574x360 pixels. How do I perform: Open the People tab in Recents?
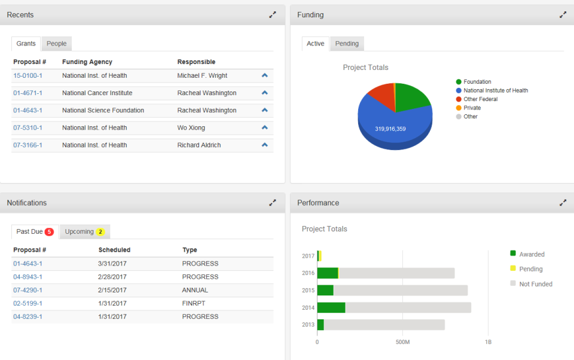click(57, 44)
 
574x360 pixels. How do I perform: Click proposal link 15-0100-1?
click(28, 76)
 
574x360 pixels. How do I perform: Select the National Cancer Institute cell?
click(97, 93)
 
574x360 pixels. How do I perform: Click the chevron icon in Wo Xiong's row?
click(265, 127)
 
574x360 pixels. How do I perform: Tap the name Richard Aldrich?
click(199, 145)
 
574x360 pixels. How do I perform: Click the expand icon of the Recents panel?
click(273, 15)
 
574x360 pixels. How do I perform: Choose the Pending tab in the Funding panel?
click(347, 44)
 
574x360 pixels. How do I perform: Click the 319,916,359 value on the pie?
click(390, 129)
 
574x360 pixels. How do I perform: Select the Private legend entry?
click(472, 108)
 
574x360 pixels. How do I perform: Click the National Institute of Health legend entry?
click(495, 91)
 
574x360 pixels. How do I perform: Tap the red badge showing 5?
click(49, 232)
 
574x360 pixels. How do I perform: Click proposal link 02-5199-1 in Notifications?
click(28, 304)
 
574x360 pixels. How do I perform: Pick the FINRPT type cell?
click(193, 304)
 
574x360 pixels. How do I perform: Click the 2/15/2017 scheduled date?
click(112, 290)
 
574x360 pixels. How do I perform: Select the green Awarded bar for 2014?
click(331, 308)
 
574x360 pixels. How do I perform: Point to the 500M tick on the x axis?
click(402, 343)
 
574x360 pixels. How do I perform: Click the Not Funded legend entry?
click(535, 284)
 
